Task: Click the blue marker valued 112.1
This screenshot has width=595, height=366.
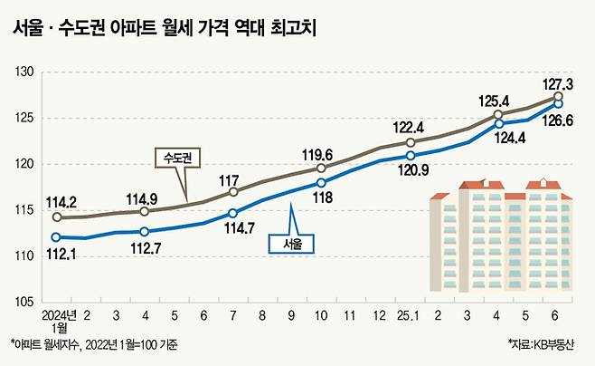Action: [57, 237]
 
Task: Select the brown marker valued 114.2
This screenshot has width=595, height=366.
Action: [57, 217]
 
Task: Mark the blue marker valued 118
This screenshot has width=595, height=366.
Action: [322, 182]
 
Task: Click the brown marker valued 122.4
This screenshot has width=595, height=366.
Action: [411, 142]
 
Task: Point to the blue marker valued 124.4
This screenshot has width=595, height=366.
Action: [498, 123]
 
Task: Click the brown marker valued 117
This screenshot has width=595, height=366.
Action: [233, 192]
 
